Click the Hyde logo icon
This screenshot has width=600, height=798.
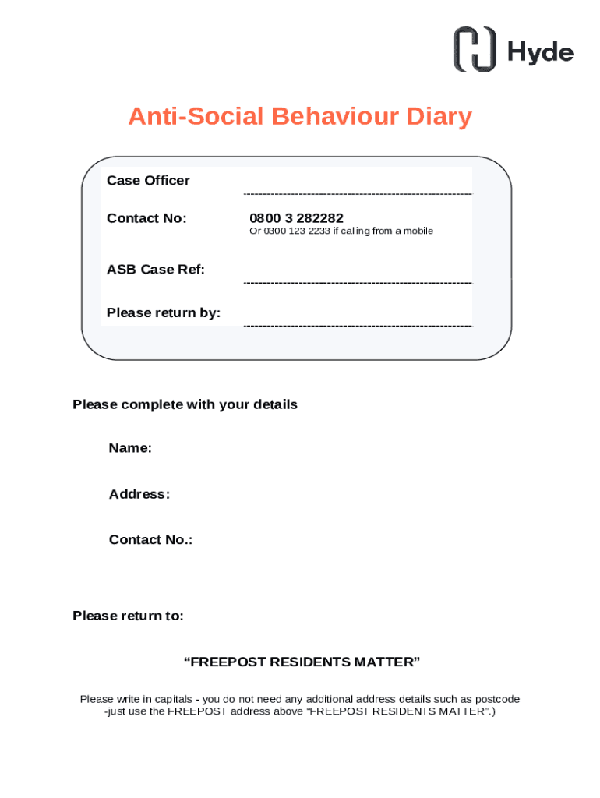coord(475,49)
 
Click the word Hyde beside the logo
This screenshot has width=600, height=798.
coord(540,51)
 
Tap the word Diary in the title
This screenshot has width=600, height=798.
coord(439,117)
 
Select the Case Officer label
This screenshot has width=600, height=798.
coord(148,181)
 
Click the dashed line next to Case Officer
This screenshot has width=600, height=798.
coord(358,193)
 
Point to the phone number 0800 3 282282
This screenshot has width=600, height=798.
coord(296,218)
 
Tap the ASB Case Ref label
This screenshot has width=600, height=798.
coord(156,270)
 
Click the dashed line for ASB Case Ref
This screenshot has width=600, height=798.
coord(358,283)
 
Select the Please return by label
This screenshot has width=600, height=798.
coord(164,313)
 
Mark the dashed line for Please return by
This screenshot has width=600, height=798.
coord(358,325)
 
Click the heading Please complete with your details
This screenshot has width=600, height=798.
coord(185,405)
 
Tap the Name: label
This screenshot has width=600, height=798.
coord(130,448)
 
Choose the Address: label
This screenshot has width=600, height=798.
coord(139,494)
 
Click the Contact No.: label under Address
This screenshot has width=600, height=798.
coord(150,540)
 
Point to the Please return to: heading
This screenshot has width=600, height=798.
coord(128,616)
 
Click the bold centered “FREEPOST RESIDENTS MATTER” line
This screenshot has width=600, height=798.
coord(302,662)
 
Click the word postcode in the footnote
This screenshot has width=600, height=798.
coord(496,699)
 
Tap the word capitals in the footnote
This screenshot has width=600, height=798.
coord(171,699)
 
